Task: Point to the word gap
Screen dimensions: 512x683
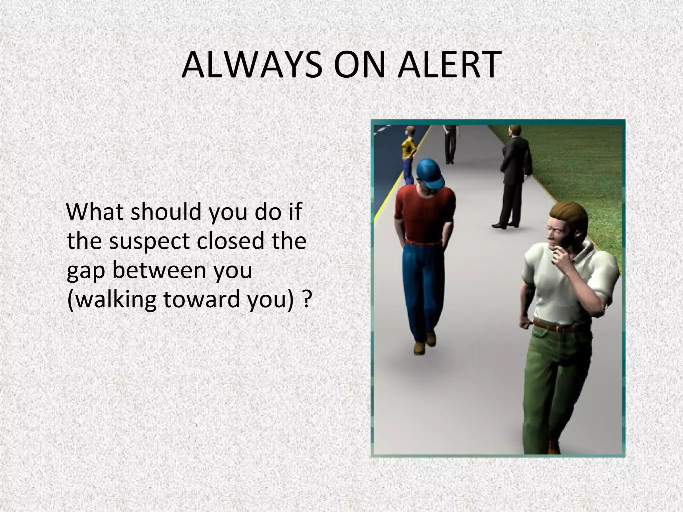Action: click(86, 271)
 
